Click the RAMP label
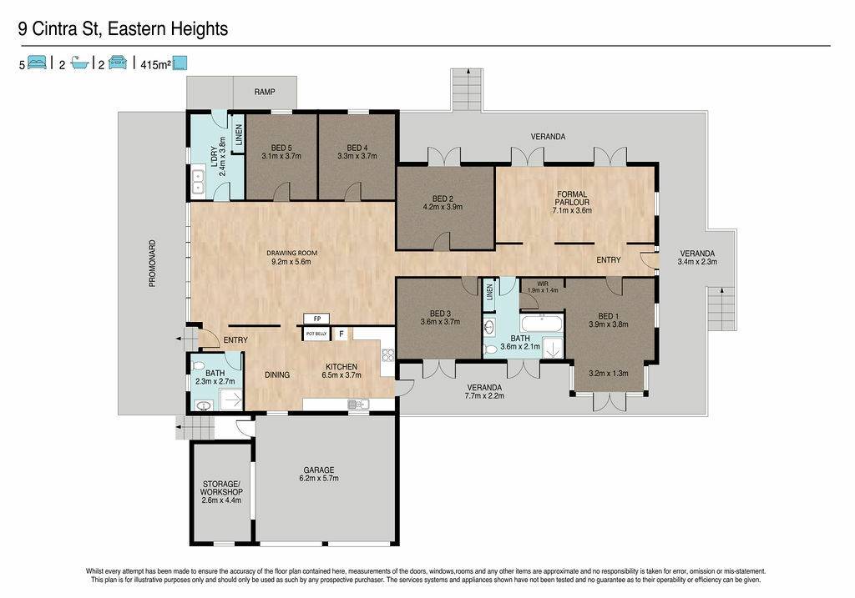click(x=265, y=92)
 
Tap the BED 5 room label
click(x=281, y=148)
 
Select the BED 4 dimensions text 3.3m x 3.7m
click(x=357, y=156)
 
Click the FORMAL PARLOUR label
click(x=572, y=198)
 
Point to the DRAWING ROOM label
click(x=291, y=254)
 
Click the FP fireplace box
click(x=317, y=319)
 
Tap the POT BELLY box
click(x=316, y=334)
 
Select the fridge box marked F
click(x=341, y=334)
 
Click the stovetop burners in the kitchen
click(x=387, y=355)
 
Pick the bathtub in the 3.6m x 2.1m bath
click(x=541, y=323)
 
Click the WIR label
click(x=543, y=284)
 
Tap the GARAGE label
click(x=319, y=470)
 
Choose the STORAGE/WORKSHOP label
click(x=221, y=488)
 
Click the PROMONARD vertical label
click(x=153, y=264)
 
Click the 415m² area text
click(x=156, y=65)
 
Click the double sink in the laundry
click(x=197, y=182)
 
